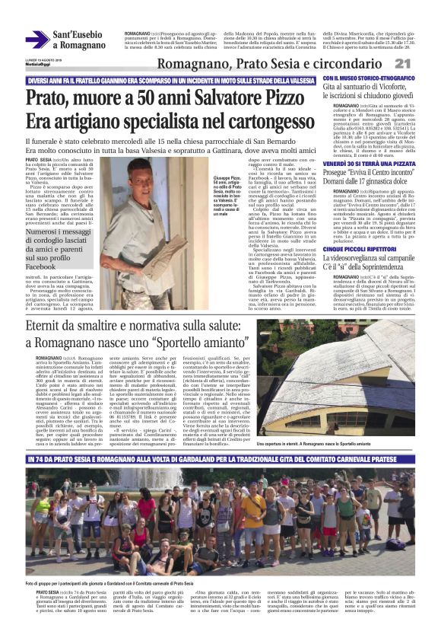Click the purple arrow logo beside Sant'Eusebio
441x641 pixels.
pyautogui.click(x=37, y=39)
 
